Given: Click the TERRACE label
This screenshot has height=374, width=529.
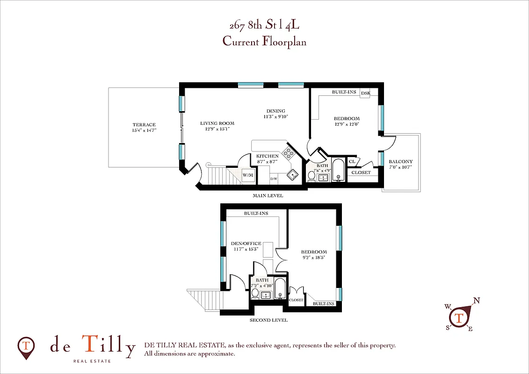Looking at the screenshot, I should pos(144,124).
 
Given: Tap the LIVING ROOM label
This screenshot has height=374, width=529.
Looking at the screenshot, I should pos(217,123).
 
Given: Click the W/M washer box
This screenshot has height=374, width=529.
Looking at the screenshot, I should pos(247,175).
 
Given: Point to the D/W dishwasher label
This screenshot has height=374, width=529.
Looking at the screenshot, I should pos(274,179).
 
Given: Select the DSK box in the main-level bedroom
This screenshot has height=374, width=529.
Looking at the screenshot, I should pos(365,93).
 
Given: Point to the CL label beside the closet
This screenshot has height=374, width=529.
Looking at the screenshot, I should pos(352,162).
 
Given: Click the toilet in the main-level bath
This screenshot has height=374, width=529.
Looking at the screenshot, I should pos(312,176).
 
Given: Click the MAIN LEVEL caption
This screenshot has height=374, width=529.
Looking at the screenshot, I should pos(268,195).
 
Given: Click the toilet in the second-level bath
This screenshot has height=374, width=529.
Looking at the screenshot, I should pos(255,294).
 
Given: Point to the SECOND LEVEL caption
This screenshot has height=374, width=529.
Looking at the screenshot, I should pos(268,320).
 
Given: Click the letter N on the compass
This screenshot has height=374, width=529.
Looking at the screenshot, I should pos(477,301).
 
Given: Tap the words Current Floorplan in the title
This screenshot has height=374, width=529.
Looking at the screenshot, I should pos(264,41).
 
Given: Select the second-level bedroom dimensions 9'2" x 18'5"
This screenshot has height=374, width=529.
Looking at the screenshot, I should pos(314,258).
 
